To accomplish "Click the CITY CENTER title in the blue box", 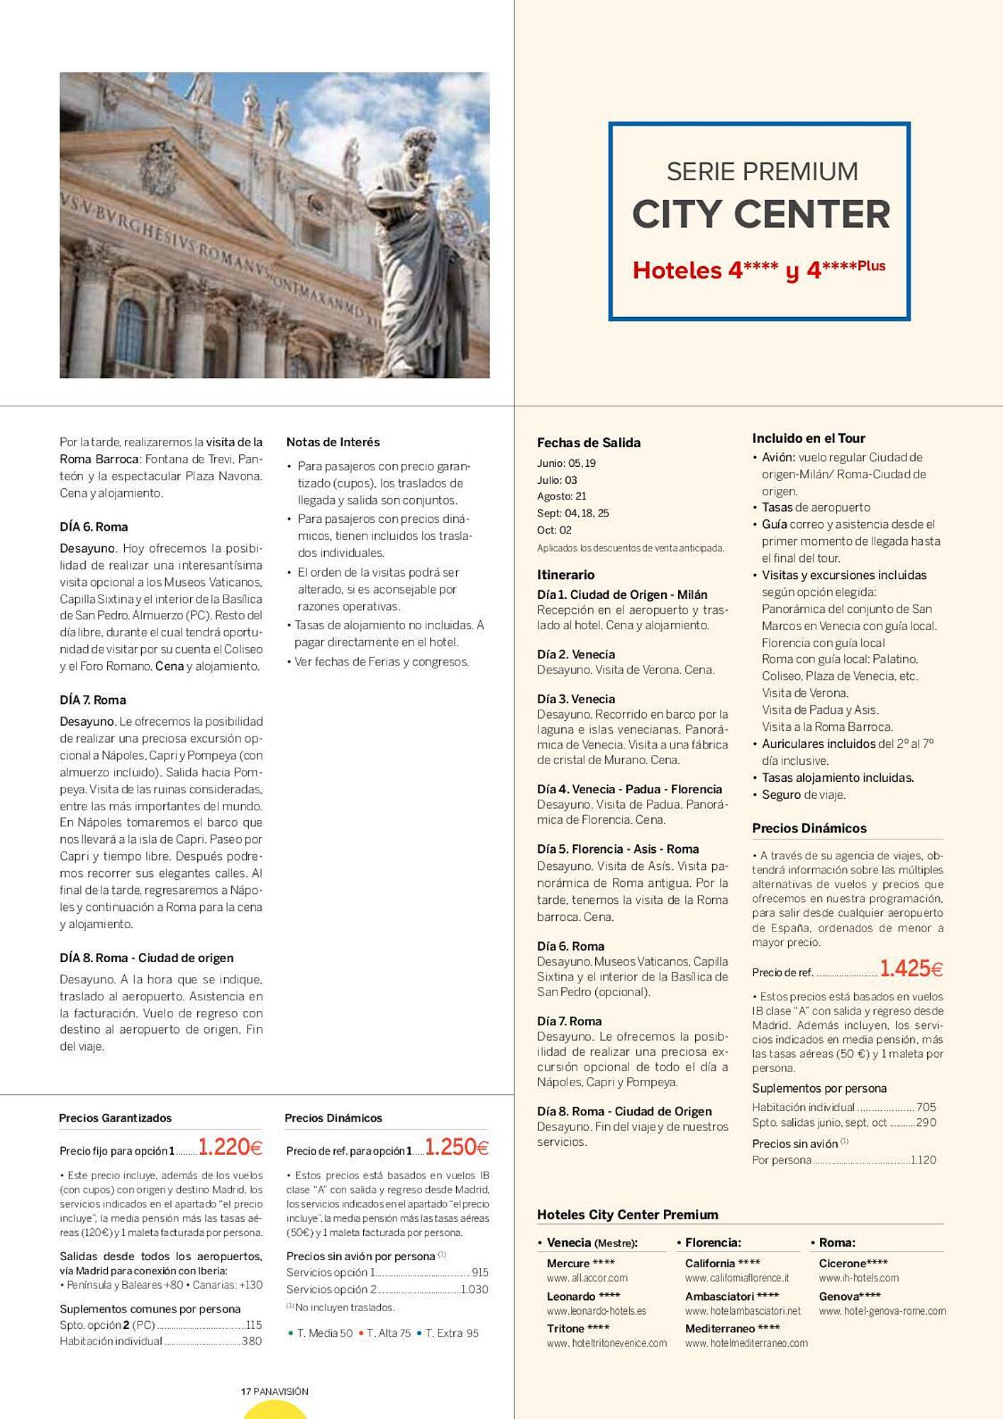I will coord(760,214).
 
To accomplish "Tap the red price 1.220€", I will coord(231,1147).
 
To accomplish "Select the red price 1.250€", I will coord(457,1147).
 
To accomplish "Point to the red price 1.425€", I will coord(911,968).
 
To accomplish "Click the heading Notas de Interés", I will coord(333,442).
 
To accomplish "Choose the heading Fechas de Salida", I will coord(588,443).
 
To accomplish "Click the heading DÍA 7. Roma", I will coord(93,700).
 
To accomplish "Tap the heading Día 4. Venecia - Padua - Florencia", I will coord(629,789).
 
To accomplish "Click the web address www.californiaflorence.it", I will coord(736,1278).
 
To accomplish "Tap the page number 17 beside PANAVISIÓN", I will coord(246,1391).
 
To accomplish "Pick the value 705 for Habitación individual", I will coord(926,1107).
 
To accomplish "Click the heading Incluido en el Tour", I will coord(808,438).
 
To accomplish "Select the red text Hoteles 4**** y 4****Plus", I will coord(759,270).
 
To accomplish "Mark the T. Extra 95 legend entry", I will coord(451,1333).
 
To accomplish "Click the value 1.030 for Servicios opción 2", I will coord(475,1289).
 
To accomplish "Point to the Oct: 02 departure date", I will coord(554,530).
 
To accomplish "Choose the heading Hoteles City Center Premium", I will coord(627,1215).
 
